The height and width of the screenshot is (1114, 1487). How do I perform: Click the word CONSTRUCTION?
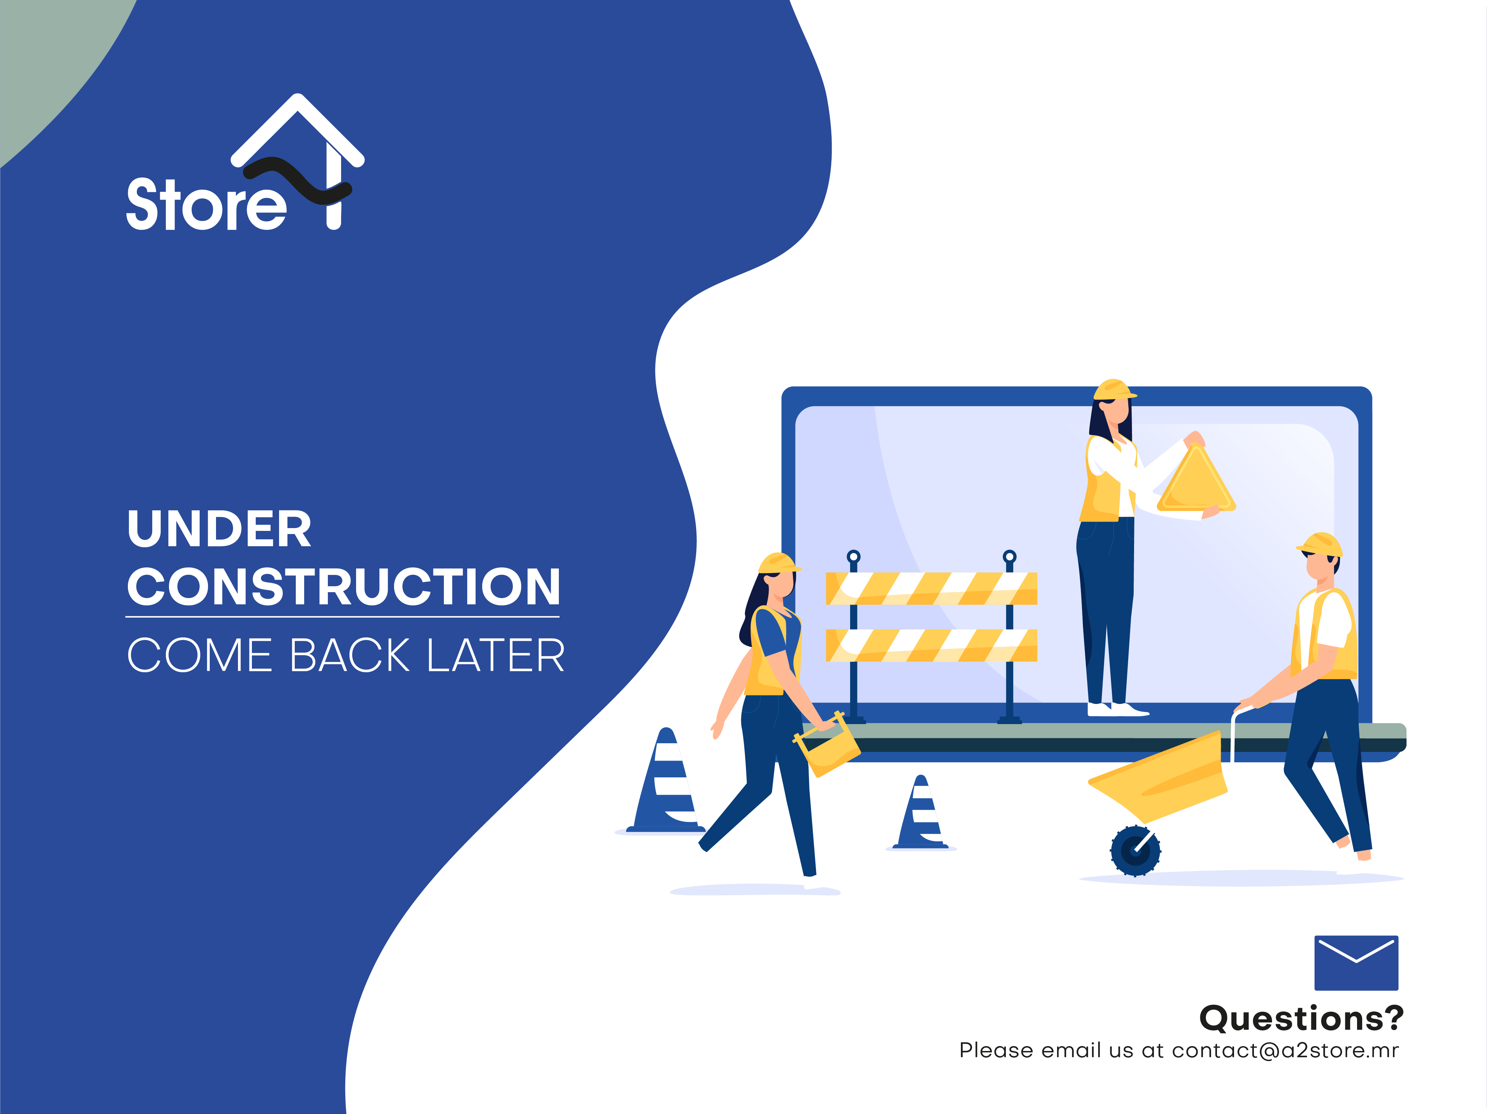pos(344,587)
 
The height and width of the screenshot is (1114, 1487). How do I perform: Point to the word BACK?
pos(349,655)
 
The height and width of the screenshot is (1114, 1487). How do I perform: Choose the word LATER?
pos(495,655)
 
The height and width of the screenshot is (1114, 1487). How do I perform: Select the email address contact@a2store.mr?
pos(1285,1050)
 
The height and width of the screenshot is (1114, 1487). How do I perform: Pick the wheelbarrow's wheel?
pos(1135,850)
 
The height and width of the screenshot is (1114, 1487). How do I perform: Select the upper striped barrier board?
pos(931,589)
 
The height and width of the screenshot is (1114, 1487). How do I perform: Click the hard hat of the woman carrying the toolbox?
pos(779,563)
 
